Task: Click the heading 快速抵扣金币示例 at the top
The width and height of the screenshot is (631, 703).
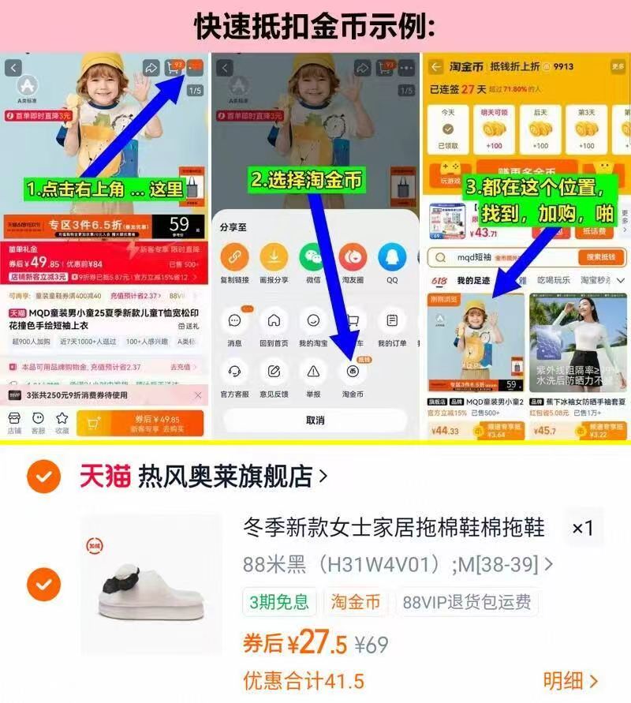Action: tap(315, 26)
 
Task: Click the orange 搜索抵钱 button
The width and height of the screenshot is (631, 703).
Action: tap(599, 257)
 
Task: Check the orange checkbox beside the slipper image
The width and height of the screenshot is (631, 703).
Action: tap(43, 584)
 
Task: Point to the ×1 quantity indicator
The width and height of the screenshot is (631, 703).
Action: tap(582, 529)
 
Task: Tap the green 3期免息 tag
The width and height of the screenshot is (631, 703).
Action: tap(279, 602)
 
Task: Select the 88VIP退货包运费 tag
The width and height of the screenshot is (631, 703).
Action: tap(466, 602)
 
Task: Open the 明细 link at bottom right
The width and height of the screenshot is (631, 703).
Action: tap(570, 680)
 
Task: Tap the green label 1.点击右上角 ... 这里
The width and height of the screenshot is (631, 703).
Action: tap(104, 189)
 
